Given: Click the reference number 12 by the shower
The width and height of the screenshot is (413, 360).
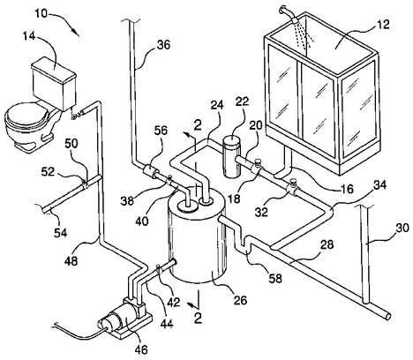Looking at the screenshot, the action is click(x=382, y=24).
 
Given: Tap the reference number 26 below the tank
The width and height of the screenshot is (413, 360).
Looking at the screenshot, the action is click(x=240, y=300).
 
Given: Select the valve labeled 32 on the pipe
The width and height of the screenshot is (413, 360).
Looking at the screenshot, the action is click(x=293, y=186).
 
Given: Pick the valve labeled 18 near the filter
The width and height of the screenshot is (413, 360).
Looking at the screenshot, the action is click(x=258, y=167).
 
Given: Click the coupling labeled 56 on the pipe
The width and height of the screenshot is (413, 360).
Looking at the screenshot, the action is click(x=150, y=171).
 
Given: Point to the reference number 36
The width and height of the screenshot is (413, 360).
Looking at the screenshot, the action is click(x=163, y=45).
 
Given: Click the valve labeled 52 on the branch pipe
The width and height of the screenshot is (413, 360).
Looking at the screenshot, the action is click(x=85, y=184).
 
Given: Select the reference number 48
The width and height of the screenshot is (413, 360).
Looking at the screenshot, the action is click(x=71, y=260).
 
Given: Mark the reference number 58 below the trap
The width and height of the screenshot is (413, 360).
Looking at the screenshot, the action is click(x=275, y=278).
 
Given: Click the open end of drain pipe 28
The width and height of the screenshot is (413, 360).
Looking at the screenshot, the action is click(x=388, y=316).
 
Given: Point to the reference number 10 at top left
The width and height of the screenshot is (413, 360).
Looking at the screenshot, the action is click(x=41, y=13).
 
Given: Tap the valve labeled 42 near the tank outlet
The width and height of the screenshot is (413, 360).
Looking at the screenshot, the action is click(x=159, y=269).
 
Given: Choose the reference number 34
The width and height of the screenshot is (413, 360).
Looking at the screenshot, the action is click(x=379, y=185).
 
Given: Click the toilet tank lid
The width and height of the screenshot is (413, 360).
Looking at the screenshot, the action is click(x=54, y=68).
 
